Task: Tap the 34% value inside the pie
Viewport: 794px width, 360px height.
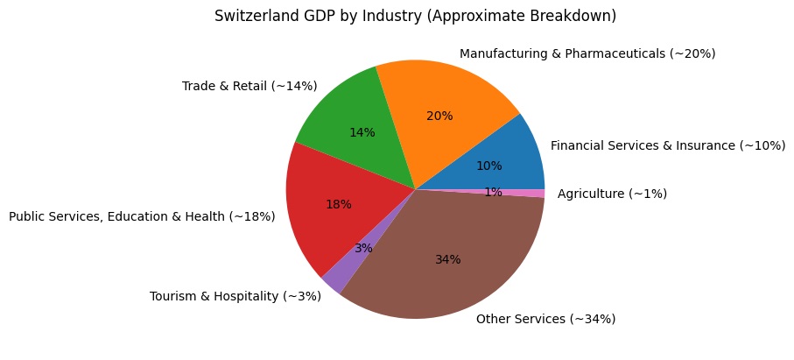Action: pos(447,259)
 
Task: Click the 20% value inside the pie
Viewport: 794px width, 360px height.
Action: pos(439,116)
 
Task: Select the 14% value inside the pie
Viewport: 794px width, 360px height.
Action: pos(362,132)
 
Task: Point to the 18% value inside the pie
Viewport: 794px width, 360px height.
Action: pos(338,204)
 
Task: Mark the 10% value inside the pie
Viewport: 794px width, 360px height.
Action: pos(488,166)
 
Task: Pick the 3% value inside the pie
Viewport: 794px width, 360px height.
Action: pos(363,248)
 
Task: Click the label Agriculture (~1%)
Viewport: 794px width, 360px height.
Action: pos(612,194)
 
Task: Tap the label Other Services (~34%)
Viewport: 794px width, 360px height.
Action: pos(545,319)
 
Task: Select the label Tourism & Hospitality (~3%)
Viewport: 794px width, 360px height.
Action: pos(235,296)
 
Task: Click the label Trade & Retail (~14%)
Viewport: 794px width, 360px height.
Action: pos(249,86)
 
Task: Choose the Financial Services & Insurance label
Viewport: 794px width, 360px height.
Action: pos(667,145)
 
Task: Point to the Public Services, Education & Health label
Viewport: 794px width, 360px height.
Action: pos(142,216)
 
